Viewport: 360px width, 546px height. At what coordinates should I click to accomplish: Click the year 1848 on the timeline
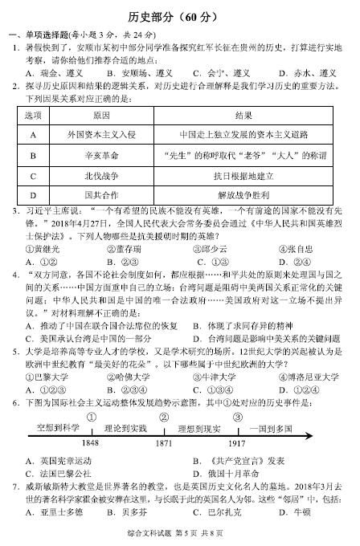click(x=91, y=443)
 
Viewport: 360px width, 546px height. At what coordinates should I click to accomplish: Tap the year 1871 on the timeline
click(x=164, y=443)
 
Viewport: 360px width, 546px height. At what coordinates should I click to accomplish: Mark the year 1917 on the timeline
click(x=236, y=443)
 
